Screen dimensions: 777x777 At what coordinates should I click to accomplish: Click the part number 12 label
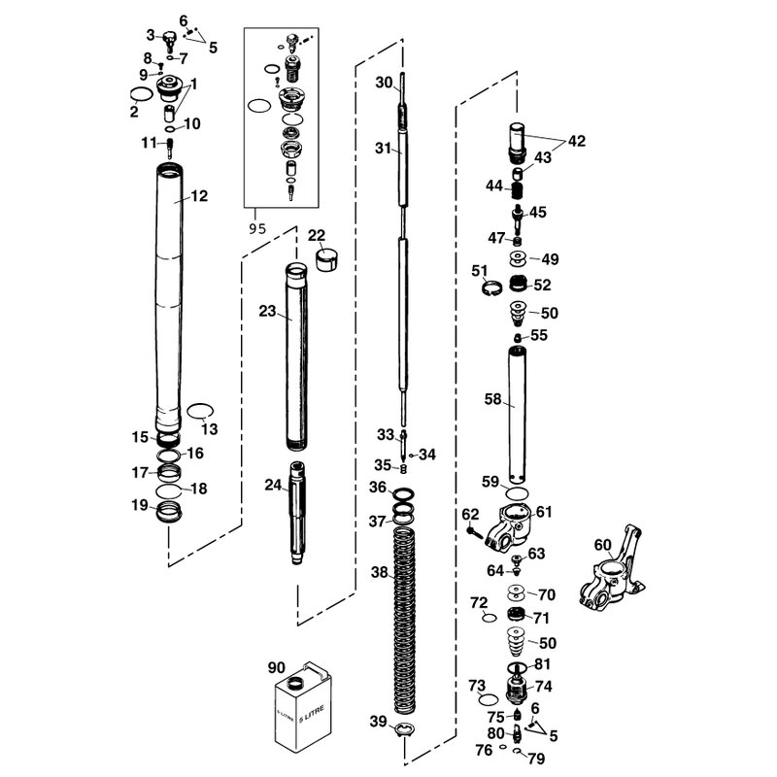coord(199,196)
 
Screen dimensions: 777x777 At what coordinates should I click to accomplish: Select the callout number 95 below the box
coord(256,229)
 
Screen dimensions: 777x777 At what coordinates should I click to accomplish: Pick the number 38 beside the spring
coord(379,573)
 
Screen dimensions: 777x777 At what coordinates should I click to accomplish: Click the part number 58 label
coord(492,398)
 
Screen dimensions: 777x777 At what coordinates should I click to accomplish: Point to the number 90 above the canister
coord(278,667)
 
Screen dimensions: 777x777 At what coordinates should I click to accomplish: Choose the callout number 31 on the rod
coord(383,149)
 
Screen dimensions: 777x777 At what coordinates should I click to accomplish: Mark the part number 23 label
coord(268,312)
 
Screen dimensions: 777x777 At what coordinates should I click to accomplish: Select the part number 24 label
coord(272,485)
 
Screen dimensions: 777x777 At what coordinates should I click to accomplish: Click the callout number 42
coord(577,141)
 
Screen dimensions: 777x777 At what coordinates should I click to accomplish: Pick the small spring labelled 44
coord(519,185)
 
